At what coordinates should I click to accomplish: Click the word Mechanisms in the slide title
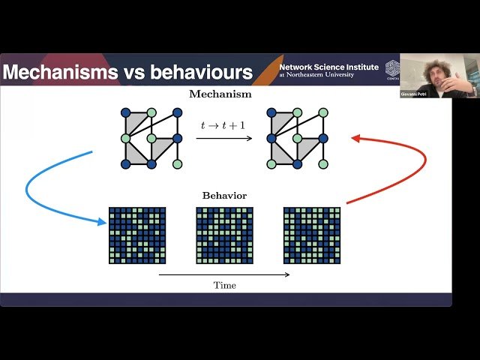pos(57,73)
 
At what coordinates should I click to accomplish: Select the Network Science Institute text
pos(328,67)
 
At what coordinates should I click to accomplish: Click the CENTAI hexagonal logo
pos(392,68)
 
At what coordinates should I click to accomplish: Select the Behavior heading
pos(224,196)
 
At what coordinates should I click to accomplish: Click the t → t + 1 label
pos(223,126)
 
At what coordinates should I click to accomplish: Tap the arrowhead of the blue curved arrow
pos(101,221)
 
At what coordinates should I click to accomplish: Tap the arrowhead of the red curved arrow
pos(355,139)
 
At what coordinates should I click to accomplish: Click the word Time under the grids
pos(224,285)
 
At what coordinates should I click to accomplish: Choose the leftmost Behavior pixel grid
pos(137,235)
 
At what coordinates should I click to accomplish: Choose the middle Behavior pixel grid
pos(224,235)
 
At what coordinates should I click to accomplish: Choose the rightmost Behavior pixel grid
pos(311,235)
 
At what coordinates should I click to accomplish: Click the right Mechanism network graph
pos(296,138)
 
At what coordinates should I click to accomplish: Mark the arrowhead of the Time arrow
pos(287,275)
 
